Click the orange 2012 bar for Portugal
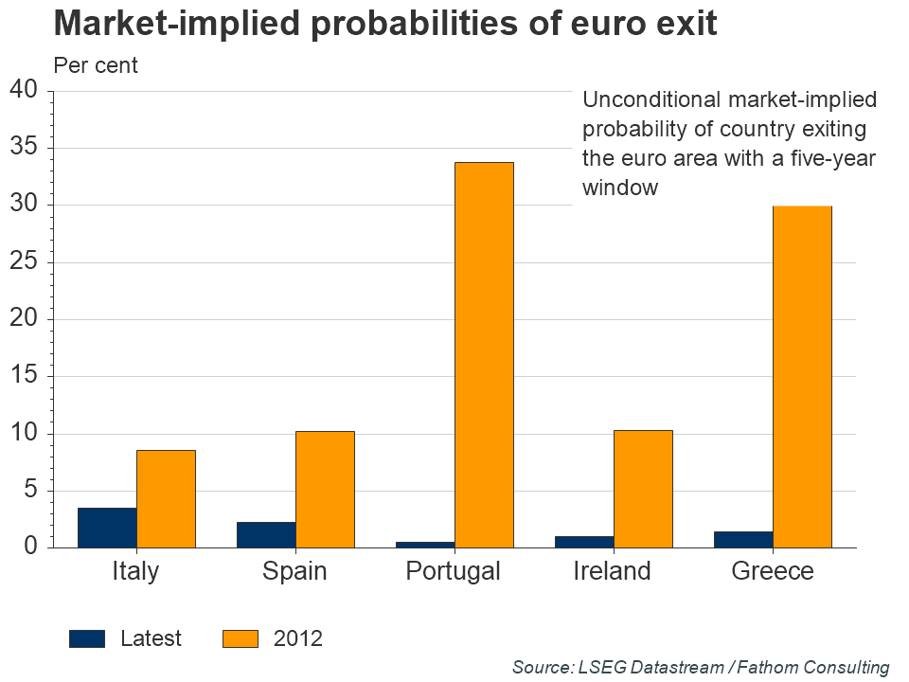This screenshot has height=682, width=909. coord(484,355)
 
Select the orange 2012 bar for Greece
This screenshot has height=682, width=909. coord(802,377)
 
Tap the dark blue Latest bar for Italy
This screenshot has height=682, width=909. coord(107,528)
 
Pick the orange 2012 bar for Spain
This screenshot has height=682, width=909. coord(325,490)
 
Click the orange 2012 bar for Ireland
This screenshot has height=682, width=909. coord(643,489)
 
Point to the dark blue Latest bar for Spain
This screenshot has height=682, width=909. coord(266,534)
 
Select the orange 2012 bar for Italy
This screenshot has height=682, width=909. coord(166,498)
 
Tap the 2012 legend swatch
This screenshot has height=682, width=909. coord(241,638)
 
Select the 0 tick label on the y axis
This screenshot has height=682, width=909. coord(30,547)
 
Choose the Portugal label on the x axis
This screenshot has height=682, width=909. coord(453,572)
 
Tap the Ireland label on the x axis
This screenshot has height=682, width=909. coord(612,572)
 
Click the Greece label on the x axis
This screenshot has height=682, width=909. coord(773,572)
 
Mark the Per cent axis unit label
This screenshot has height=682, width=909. coord(96,65)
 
